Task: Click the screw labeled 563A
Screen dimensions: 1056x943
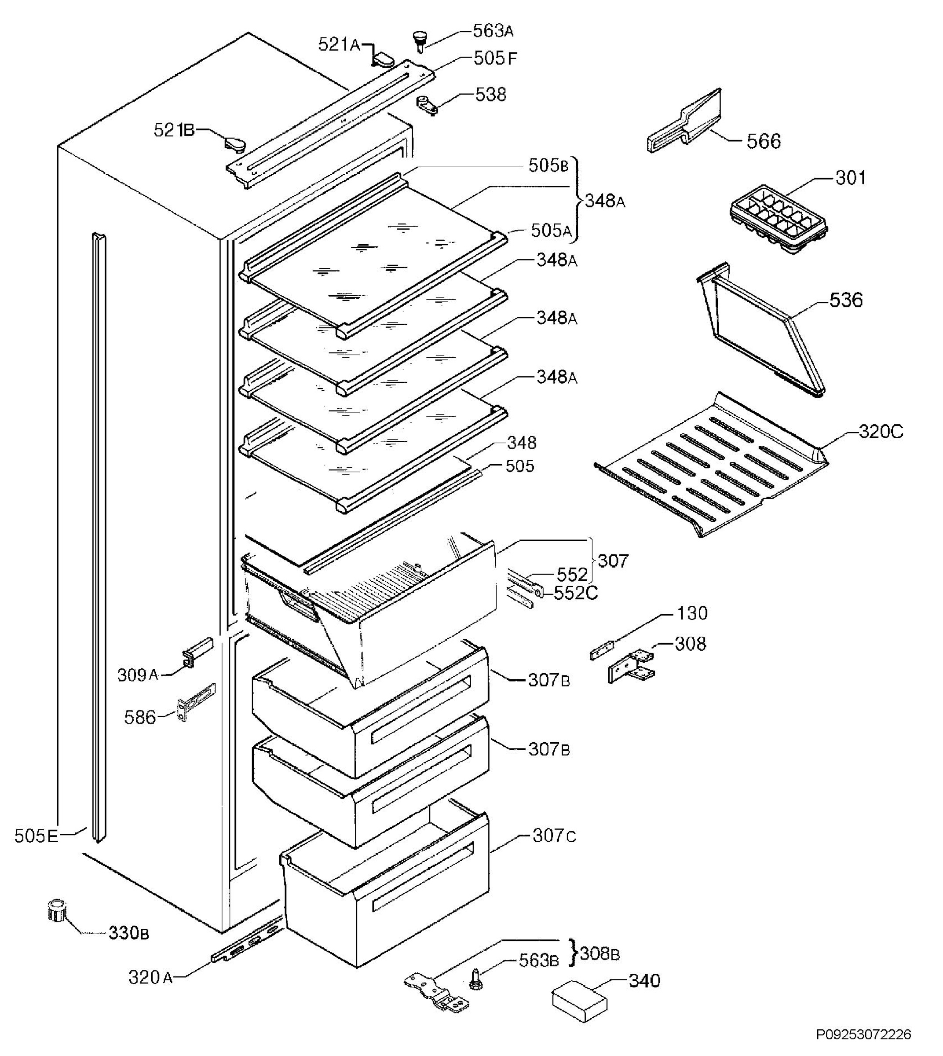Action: point(419,40)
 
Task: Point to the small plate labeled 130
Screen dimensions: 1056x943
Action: point(603,650)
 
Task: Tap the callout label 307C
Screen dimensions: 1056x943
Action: point(554,836)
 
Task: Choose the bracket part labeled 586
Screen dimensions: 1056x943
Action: point(196,701)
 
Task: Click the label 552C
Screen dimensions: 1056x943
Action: point(576,593)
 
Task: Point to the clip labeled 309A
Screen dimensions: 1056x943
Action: point(196,651)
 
